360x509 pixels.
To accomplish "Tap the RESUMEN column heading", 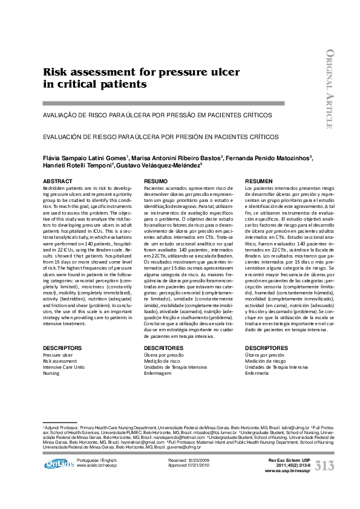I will tap(259, 181).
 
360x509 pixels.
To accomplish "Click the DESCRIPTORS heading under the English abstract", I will tap(62, 349).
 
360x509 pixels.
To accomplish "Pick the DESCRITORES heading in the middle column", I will tap(163, 349).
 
